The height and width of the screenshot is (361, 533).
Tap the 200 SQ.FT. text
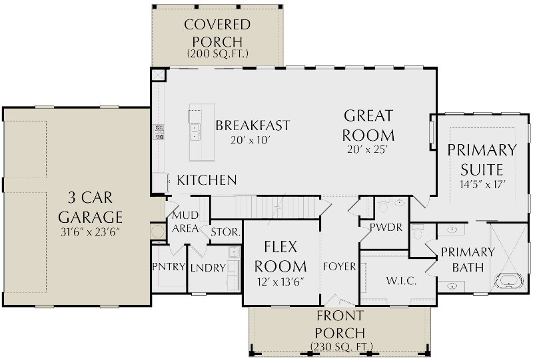tap(217, 53)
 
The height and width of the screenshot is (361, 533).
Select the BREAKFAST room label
tap(253, 125)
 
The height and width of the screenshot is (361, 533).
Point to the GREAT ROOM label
tap(368, 125)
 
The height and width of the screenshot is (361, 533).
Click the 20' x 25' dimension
tap(368, 150)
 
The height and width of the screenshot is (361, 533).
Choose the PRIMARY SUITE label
tap(482, 159)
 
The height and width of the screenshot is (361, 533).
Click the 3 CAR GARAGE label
tap(91, 208)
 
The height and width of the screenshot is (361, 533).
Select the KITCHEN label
tap(207, 180)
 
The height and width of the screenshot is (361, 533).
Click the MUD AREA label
tap(186, 222)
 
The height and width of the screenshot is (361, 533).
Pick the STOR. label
tap(225, 233)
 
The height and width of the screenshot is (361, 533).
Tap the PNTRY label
tap(169, 267)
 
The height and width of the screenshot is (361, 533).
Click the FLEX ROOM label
tap(280, 256)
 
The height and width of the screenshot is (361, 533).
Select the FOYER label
tap(340, 267)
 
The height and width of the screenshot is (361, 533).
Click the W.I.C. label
tap(401, 281)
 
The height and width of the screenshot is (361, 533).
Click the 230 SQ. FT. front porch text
tap(340, 346)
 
